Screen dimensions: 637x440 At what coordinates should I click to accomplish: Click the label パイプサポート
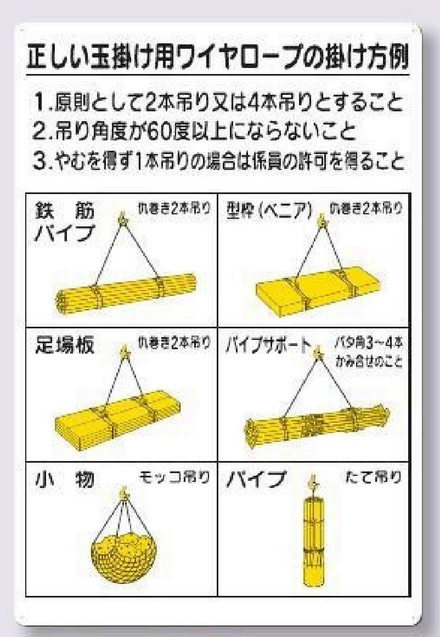(268, 346)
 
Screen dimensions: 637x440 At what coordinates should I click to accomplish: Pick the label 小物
(64, 480)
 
